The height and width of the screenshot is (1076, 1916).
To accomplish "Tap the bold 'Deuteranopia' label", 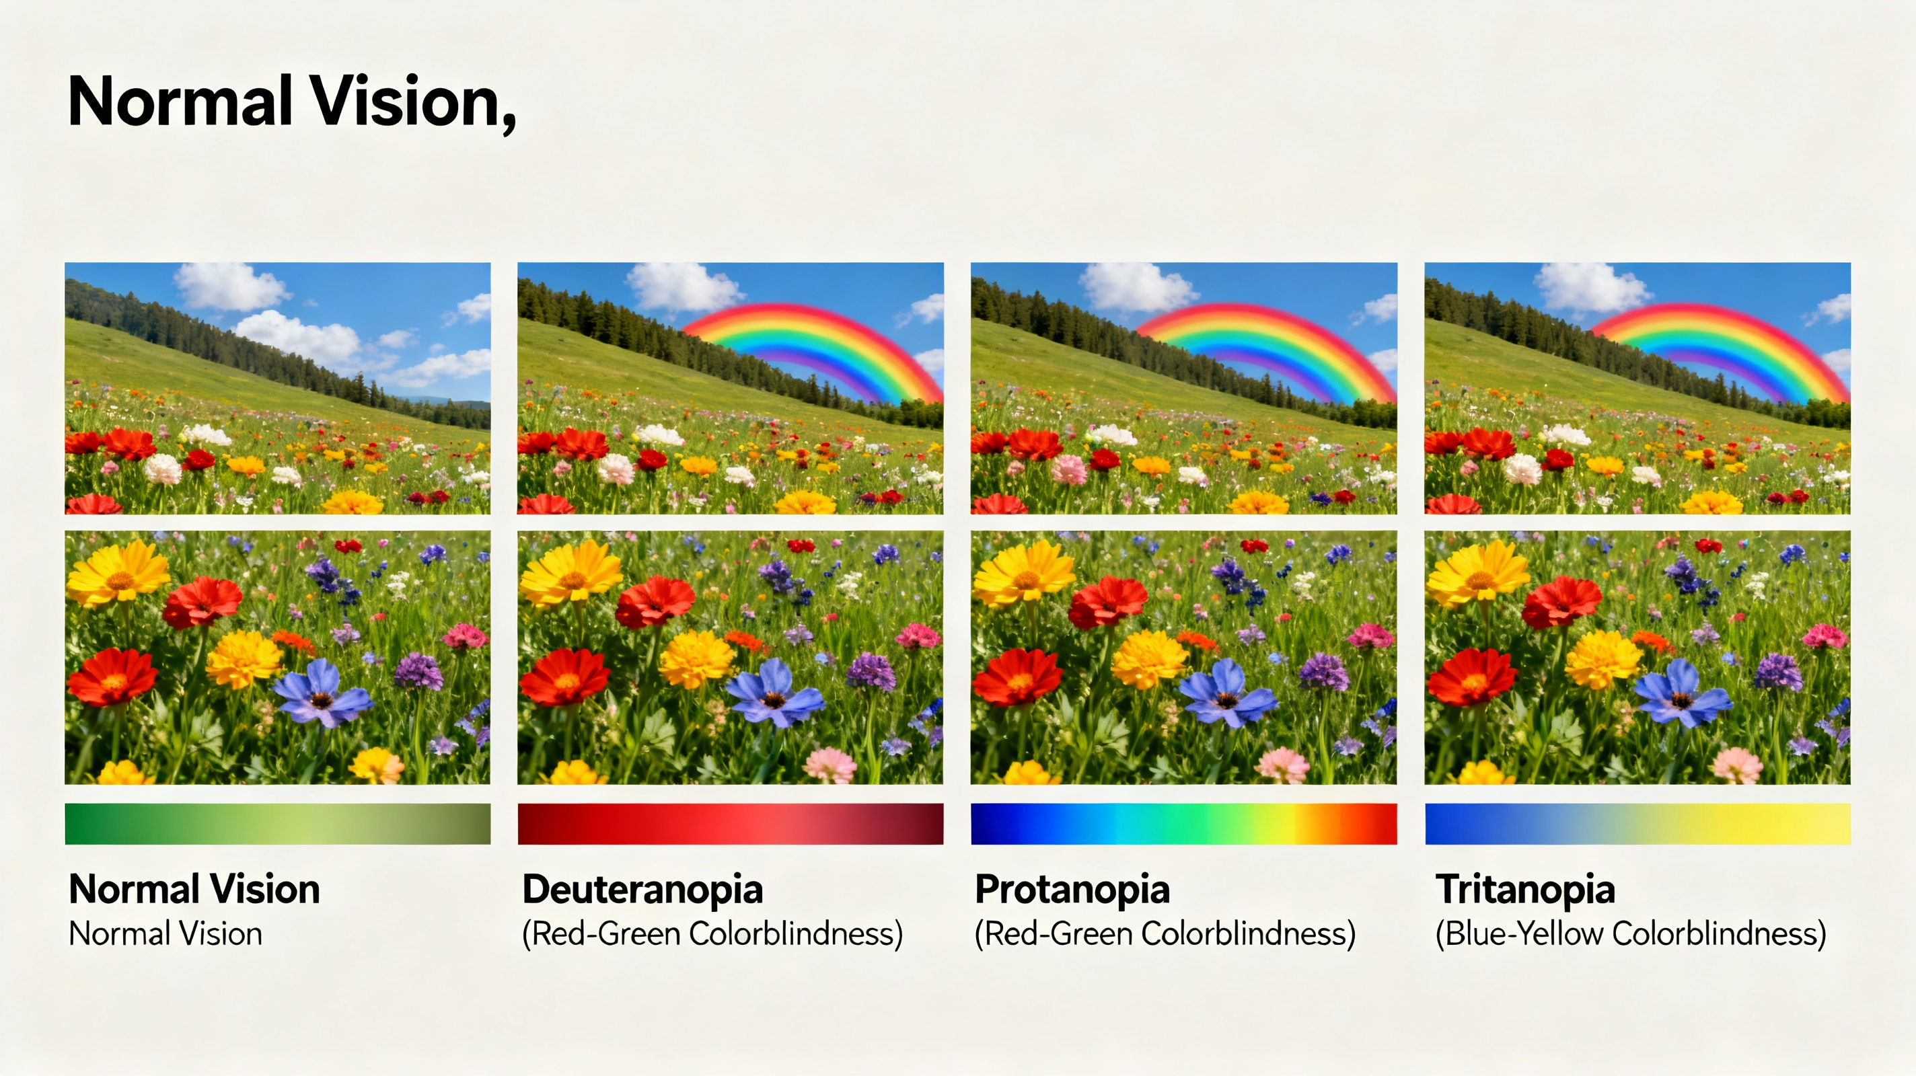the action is (642, 889).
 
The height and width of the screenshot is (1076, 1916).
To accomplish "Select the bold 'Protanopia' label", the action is (1072, 889).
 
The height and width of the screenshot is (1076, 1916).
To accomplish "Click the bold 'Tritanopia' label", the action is (1524, 889).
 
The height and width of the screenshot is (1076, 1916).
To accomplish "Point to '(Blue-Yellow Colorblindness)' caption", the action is (1630, 934).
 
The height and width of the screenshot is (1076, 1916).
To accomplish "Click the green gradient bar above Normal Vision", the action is (277, 824).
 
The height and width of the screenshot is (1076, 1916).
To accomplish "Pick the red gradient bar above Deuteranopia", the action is (731, 824).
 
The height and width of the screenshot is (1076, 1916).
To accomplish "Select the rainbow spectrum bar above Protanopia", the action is (1183, 824).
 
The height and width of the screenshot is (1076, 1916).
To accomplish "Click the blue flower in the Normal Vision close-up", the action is (322, 693).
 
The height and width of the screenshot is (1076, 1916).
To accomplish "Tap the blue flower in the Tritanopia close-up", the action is (1683, 693).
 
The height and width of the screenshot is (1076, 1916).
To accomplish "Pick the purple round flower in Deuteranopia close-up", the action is (871, 670).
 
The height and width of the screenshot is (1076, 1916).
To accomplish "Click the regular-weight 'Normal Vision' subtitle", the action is (165, 934).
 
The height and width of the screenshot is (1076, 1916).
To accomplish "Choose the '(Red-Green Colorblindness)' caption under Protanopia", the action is (1165, 934).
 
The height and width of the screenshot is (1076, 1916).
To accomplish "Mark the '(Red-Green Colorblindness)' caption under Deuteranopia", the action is (712, 934).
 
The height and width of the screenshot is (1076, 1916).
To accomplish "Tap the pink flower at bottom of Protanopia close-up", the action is (1283, 765).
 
